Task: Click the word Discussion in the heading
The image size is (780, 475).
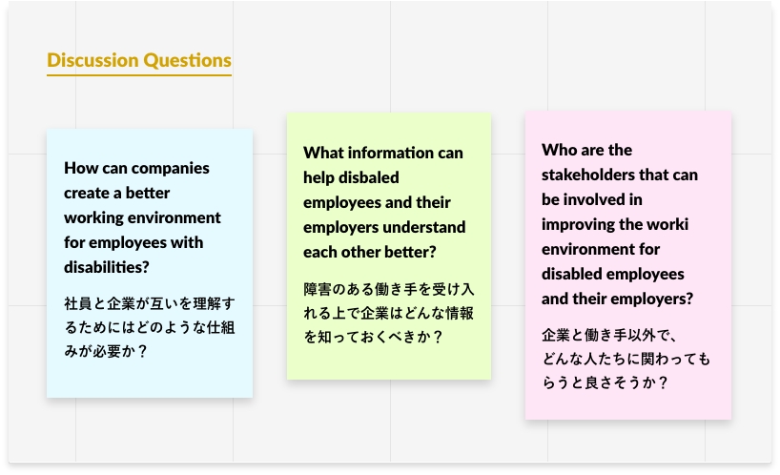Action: (x=92, y=60)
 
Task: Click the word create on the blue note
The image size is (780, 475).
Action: (x=87, y=193)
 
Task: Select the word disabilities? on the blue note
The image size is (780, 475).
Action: (x=107, y=267)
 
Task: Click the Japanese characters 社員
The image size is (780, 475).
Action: (x=78, y=303)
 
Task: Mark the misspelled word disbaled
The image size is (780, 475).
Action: (x=374, y=177)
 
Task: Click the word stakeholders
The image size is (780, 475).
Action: (x=588, y=176)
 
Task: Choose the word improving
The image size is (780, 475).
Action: (x=577, y=225)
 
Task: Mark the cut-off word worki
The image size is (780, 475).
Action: (x=669, y=224)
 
